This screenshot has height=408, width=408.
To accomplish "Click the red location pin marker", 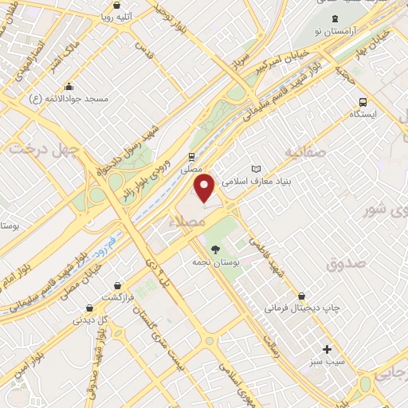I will (x=205, y=188).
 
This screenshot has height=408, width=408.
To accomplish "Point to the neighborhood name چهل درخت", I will (x=44, y=148).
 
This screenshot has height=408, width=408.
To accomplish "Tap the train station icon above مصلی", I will (x=191, y=157).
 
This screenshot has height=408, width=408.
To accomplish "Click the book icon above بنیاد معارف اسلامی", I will (x=256, y=169).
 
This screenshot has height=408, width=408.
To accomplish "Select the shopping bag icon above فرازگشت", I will (x=118, y=284).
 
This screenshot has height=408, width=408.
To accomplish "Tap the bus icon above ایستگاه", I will (x=363, y=102).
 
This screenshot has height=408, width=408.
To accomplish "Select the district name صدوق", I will (x=346, y=262).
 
